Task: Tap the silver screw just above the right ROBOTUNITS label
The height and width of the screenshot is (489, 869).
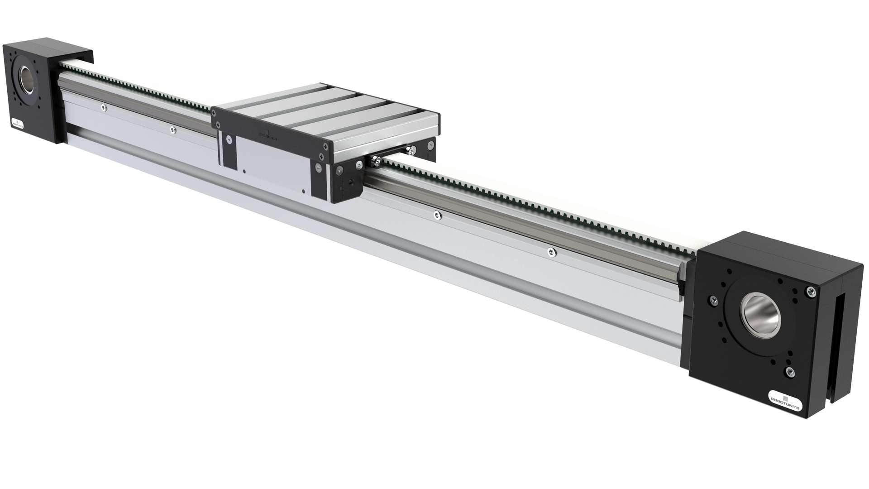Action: pos(790,372)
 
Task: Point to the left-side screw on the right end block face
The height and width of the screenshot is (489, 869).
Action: pos(714,300)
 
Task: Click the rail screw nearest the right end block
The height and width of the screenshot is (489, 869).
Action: pos(551,252)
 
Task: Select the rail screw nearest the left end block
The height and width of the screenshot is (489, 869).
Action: pos(103,108)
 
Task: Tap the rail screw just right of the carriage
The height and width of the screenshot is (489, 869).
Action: pos(437,216)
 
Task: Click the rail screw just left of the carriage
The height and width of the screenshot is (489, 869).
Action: pos(172,130)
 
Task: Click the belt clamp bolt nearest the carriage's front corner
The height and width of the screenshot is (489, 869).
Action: pos(376,160)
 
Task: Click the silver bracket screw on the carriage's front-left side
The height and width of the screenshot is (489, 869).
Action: pos(229,140)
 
